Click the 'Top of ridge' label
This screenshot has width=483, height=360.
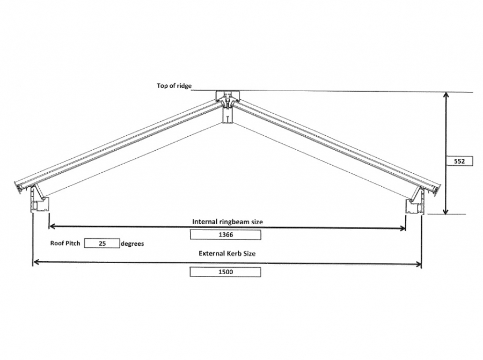pyautogui.click(x=174, y=86)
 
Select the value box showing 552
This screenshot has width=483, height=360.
pyautogui.click(x=459, y=161)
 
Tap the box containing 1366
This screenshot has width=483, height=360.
pyautogui.click(x=225, y=234)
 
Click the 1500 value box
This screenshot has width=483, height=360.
pyautogui.click(x=225, y=272)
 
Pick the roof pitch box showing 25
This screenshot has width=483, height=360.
pyautogui.click(x=101, y=244)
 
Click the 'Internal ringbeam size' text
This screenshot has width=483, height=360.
pyautogui.click(x=228, y=221)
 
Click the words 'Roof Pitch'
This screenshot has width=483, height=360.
pyautogui.click(x=65, y=243)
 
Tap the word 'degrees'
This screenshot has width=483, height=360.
pyautogui.click(x=132, y=244)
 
